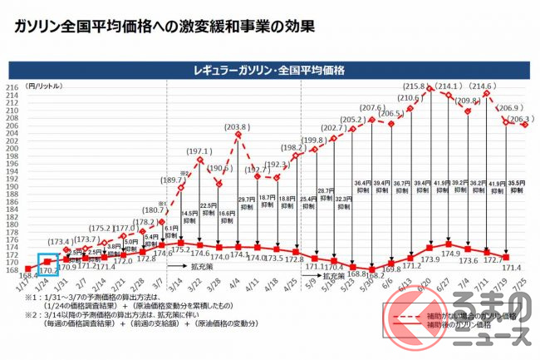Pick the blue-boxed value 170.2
[47, 269]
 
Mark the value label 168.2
[375, 274]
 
